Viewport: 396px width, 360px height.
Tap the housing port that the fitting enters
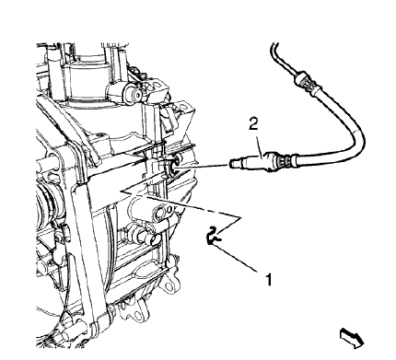coord(175,166)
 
